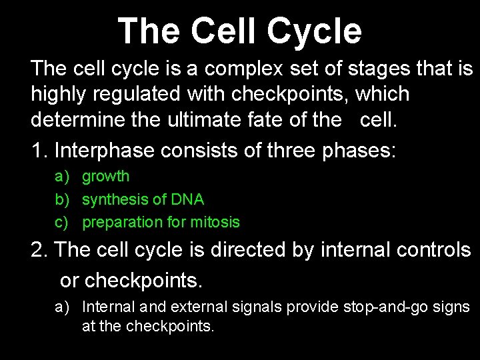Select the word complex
click(233, 68)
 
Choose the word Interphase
click(104, 150)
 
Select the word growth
click(105, 177)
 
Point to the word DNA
click(187, 199)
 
